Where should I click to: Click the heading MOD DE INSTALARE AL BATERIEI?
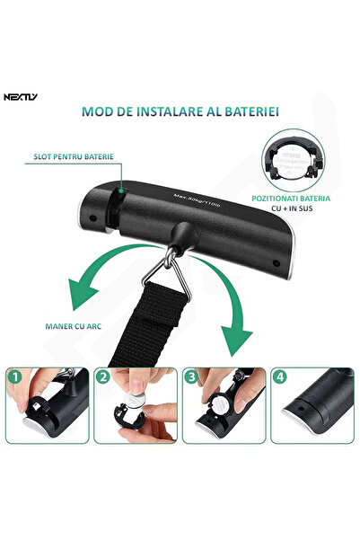coord(180,112)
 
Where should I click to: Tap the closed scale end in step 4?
coord(310,411)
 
